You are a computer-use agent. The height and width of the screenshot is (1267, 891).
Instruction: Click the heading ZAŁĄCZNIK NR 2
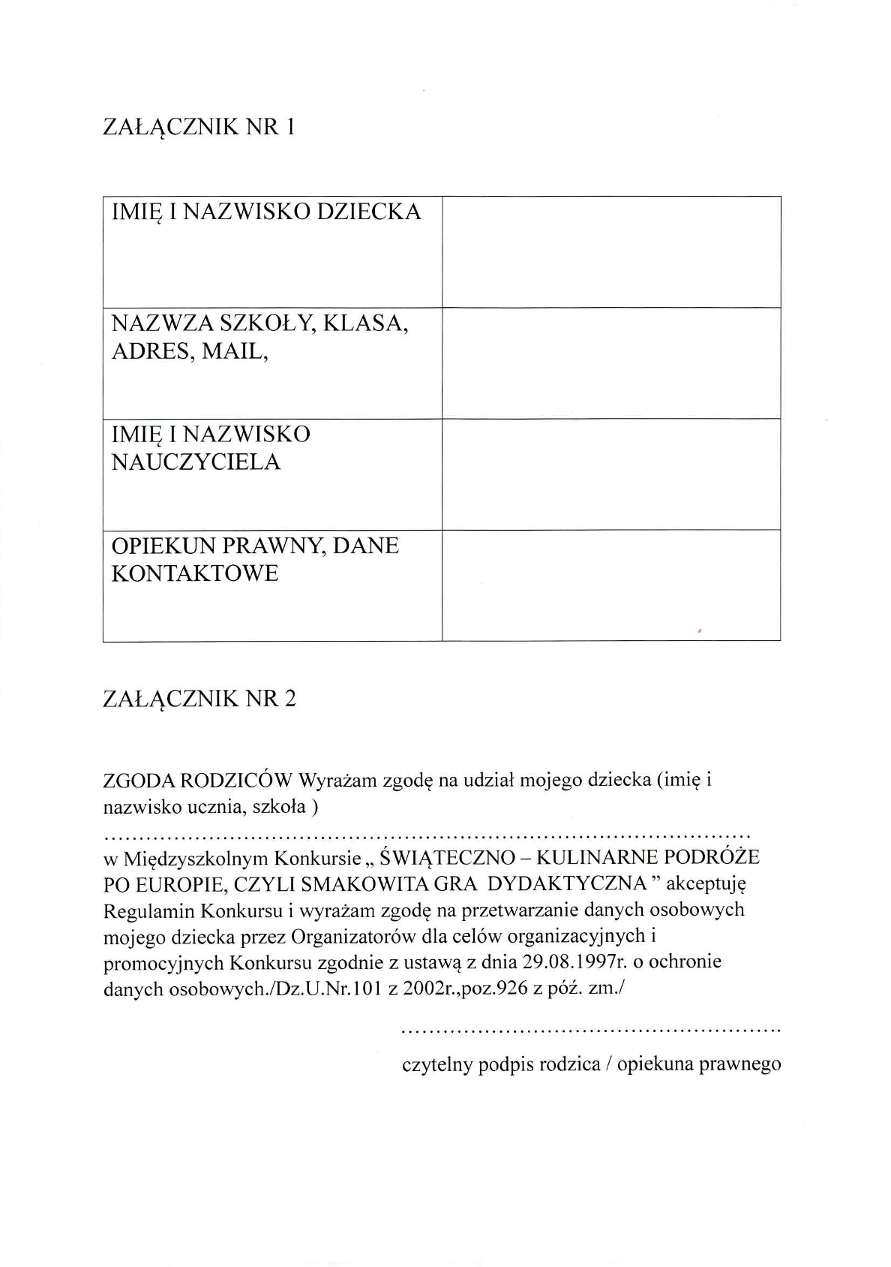pyautogui.click(x=199, y=700)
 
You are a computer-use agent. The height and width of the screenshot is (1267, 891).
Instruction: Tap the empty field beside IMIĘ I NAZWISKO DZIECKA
pyautogui.click(x=611, y=252)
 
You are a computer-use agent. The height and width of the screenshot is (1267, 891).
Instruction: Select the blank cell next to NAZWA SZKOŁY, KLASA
pyautogui.click(x=611, y=363)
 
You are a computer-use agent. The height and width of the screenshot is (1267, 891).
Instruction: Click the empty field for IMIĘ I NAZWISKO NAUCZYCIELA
pyautogui.click(x=611, y=474)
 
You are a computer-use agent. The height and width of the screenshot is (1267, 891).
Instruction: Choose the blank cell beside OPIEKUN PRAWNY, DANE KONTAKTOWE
pyautogui.click(x=611, y=585)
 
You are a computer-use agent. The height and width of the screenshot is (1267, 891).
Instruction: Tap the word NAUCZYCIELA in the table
pyautogui.click(x=196, y=462)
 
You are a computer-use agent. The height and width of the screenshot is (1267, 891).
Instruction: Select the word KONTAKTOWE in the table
pyautogui.click(x=195, y=573)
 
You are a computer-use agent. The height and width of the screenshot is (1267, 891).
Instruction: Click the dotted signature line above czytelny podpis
pyautogui.click(x=592, y=1032)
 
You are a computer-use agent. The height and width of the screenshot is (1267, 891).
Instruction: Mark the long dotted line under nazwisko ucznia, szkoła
pyautogui.click(x=427, y=834)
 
